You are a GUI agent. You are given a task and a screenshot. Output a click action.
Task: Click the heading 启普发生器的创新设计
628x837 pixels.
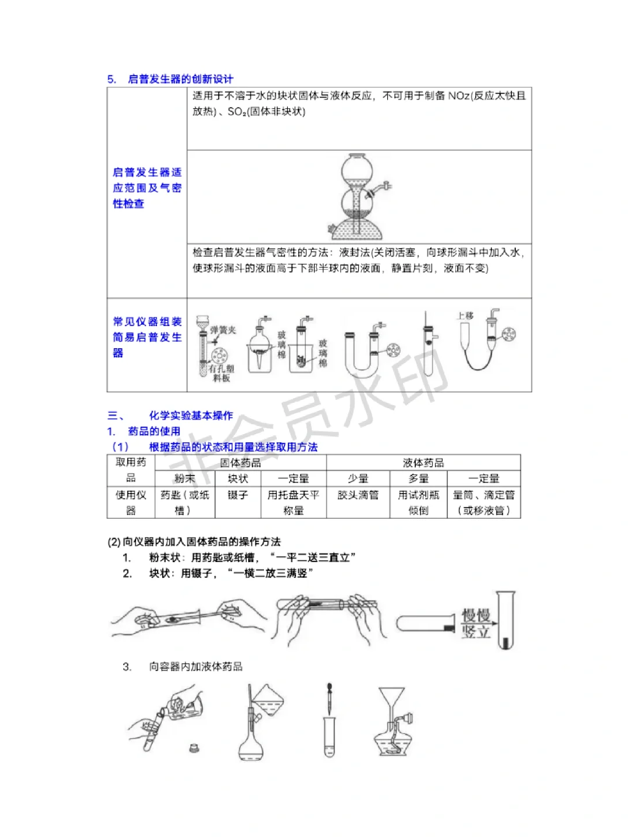(x=180, y=79)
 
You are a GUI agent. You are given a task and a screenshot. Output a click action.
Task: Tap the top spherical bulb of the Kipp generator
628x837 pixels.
(x=356, y=170)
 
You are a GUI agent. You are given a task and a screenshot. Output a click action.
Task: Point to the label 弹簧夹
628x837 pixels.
(x=223, y=330)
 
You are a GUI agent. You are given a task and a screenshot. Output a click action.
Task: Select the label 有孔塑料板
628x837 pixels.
(x=222, y=373)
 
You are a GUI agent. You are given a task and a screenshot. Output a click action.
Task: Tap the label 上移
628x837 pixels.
(x=465, y=316)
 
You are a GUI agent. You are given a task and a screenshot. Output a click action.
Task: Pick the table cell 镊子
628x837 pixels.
(x=238, y=495)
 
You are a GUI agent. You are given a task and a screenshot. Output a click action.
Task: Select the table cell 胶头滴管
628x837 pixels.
(x=358, y=495)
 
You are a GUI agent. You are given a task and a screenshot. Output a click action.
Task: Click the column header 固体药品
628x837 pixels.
(x=240, y=463)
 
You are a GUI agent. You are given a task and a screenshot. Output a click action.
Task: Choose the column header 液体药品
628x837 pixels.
(x=423, y=463)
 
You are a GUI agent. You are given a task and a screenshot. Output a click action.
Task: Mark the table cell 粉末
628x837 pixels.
(x=184, y=478)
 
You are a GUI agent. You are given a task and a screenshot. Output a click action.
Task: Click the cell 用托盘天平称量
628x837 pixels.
(x=293, y=502)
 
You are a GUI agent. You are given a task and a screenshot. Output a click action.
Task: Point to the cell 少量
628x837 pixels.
(x=358, y=478)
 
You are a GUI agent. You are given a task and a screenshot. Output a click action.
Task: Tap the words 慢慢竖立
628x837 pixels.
(x=476, y=624)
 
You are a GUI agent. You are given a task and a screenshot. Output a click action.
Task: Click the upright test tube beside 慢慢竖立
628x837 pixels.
(x=505, y=620)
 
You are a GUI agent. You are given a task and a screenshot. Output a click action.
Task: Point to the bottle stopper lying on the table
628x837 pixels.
(x=194, y=748)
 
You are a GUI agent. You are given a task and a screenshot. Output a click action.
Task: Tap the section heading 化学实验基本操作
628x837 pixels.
(x=191, y=416)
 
